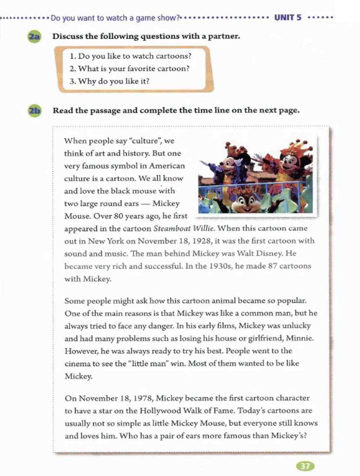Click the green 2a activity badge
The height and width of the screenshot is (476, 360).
pos(34,37)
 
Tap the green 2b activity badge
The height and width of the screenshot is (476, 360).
pos(34,111)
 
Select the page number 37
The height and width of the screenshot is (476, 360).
pos(306,466)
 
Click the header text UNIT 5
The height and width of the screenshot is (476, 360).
pos(288,18)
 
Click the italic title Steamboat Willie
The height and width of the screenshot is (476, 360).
pos(184,228)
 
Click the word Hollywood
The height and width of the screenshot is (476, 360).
pos(161,411)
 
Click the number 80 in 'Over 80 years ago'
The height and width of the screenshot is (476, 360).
pos(118,216)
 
